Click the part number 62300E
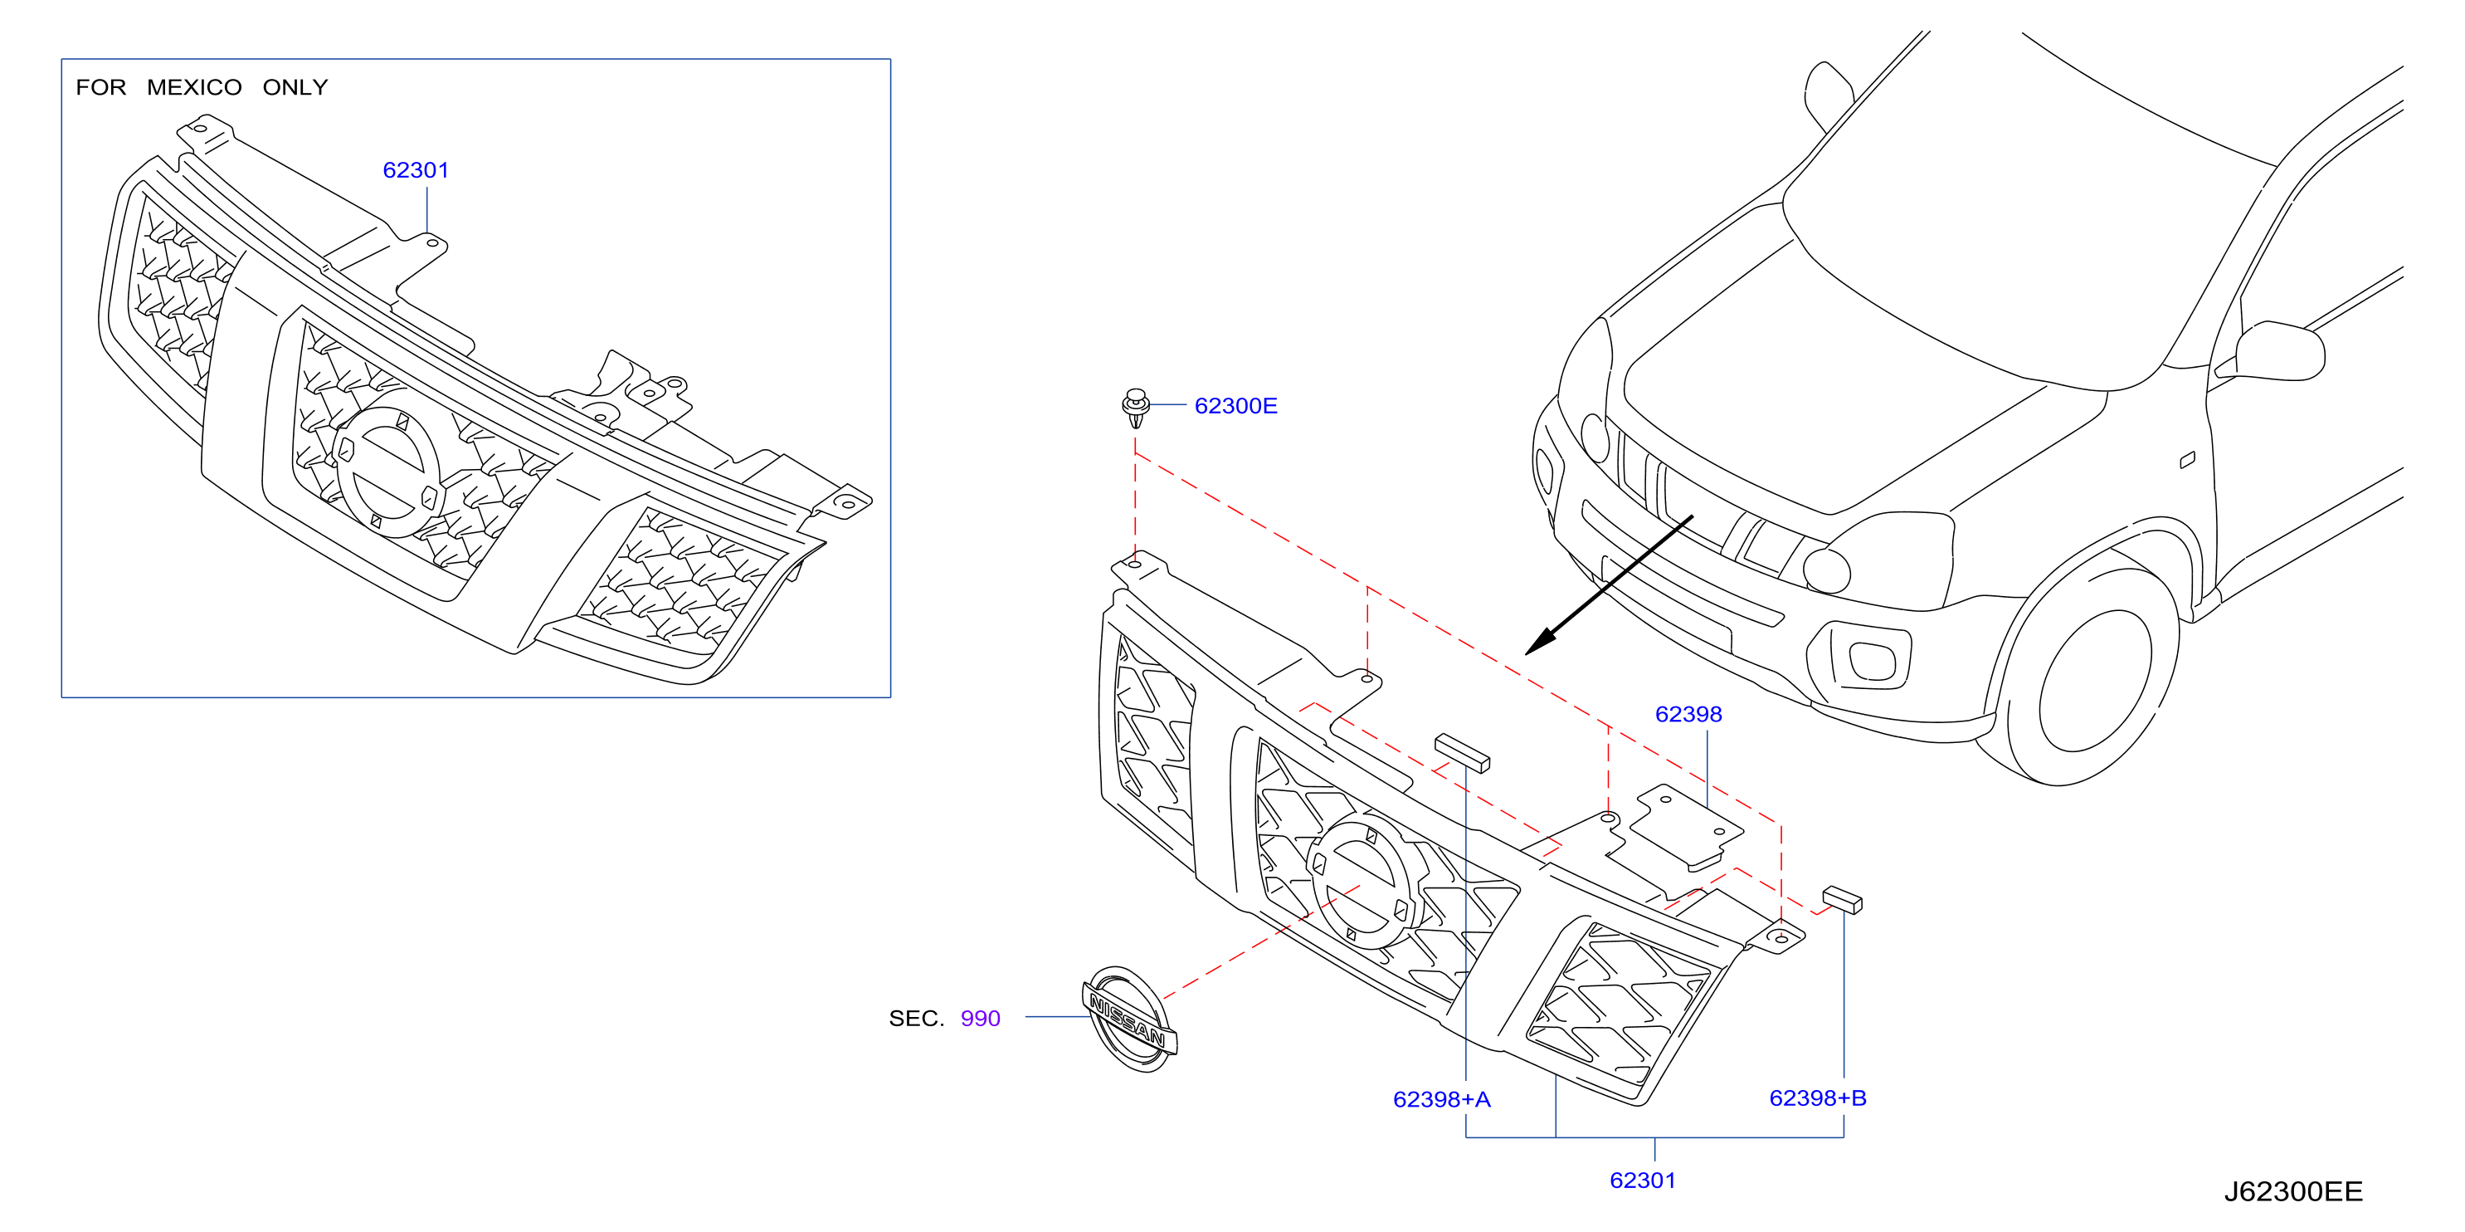point(1235,406)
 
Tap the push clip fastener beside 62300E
point(1135,408)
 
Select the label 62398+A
point(1441,1099)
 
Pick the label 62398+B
point(1817,1098)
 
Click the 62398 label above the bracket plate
point(1688,714)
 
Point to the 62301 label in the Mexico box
point(416,170)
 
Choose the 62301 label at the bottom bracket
point(1642,1181)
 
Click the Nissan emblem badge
point(1130,1019)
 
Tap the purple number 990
point(980,1019)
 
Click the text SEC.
point(916,1019)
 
